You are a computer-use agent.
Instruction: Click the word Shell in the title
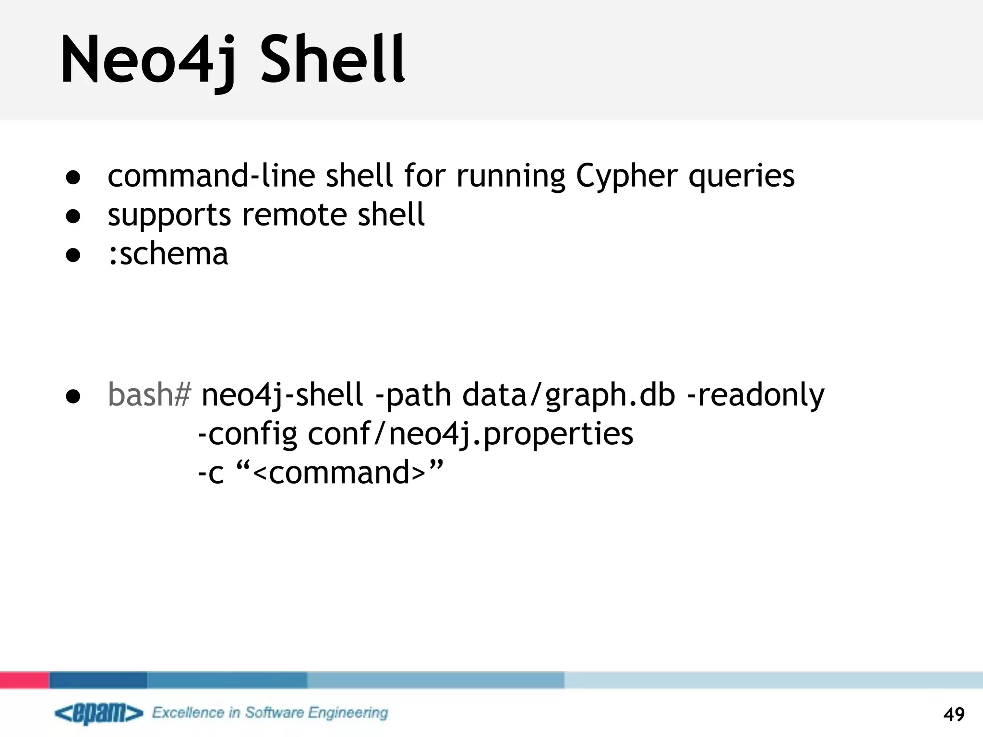(333, 60)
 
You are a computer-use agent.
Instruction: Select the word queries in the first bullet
(742, 177)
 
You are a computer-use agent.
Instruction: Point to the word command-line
(211, 176)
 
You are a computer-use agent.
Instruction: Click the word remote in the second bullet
(293, 214)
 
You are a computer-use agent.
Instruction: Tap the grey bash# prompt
(149, 395)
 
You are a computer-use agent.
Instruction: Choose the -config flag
(247, 435)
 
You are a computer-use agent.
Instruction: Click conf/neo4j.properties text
(470, 435)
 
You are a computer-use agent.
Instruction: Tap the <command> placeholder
(339, 473)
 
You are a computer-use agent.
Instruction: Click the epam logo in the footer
(99, 713)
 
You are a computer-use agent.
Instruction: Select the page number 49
(954, 714)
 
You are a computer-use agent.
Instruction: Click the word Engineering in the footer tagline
(348, 713)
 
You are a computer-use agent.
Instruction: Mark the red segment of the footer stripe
(24, 680)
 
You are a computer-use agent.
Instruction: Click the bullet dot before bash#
(73, 396)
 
